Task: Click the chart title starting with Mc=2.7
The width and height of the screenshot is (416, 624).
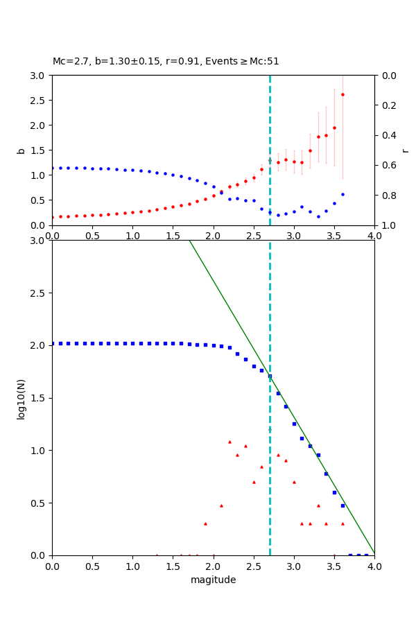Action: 166,61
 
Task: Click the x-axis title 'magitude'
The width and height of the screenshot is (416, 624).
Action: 213,580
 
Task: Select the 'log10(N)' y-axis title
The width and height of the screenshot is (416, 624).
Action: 21,398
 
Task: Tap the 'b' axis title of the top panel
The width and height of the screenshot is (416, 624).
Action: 21,150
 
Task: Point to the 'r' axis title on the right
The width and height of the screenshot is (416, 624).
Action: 405,150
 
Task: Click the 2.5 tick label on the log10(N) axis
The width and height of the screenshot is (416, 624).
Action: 39,293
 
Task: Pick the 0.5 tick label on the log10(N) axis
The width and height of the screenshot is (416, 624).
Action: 39,503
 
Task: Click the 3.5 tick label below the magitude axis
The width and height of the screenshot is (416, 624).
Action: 334,566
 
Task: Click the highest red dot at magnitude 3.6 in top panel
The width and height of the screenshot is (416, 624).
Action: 343,94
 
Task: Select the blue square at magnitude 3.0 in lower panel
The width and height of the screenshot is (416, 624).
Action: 294,424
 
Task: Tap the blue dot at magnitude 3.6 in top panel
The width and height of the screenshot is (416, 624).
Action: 343,194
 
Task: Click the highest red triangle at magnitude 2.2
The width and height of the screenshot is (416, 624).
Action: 229,442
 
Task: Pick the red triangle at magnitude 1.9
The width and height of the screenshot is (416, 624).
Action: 205,523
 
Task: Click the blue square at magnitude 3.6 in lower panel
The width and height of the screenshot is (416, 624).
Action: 343,505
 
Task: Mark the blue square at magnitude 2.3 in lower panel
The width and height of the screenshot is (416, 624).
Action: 237,354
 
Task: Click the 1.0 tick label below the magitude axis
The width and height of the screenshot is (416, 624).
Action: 132,566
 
